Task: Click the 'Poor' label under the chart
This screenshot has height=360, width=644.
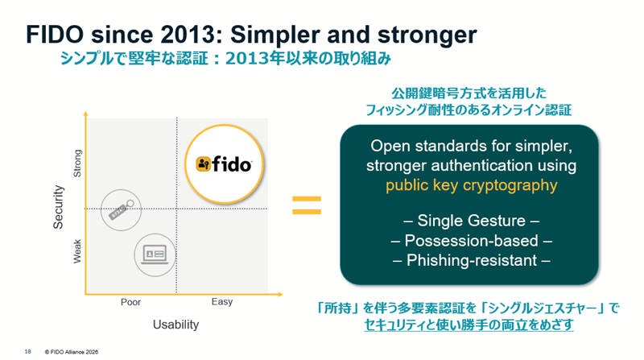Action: tap(130, 302)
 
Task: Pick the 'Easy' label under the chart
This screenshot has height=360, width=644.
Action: tap(222, 302)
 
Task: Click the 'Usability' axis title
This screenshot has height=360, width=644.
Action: tap(175, 325)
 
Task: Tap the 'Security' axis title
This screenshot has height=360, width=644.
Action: tap(59, 209)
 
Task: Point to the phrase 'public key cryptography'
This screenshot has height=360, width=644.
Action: tap(471, 185)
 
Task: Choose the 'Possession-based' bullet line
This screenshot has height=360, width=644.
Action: tap(471, 241)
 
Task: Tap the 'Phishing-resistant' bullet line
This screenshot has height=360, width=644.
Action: tap(471, 260)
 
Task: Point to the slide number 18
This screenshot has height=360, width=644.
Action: tap(28, 352)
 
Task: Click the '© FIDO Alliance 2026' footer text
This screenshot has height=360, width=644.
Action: tap(73, 352)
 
